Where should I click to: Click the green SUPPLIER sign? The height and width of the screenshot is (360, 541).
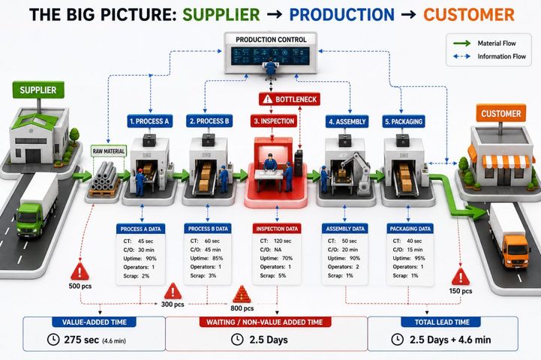38,90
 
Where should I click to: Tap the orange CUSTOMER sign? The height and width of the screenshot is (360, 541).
501,113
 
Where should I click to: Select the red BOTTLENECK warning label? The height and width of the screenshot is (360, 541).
290,99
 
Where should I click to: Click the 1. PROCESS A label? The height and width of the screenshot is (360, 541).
150,121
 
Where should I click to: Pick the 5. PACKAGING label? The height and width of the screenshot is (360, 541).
404,121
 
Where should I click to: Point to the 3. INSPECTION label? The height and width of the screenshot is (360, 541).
274,121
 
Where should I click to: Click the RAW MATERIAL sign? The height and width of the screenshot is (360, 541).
109,151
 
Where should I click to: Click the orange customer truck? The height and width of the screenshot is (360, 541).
510,235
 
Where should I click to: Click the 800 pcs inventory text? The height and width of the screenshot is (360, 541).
242,308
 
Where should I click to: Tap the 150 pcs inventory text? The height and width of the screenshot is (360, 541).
461,291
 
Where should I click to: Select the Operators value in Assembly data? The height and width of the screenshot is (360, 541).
357,266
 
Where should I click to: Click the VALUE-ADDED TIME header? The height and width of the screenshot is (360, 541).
95,322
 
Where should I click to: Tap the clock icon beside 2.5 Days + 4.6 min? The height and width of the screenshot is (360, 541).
398,339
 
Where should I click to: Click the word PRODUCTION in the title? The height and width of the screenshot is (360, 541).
341,14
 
